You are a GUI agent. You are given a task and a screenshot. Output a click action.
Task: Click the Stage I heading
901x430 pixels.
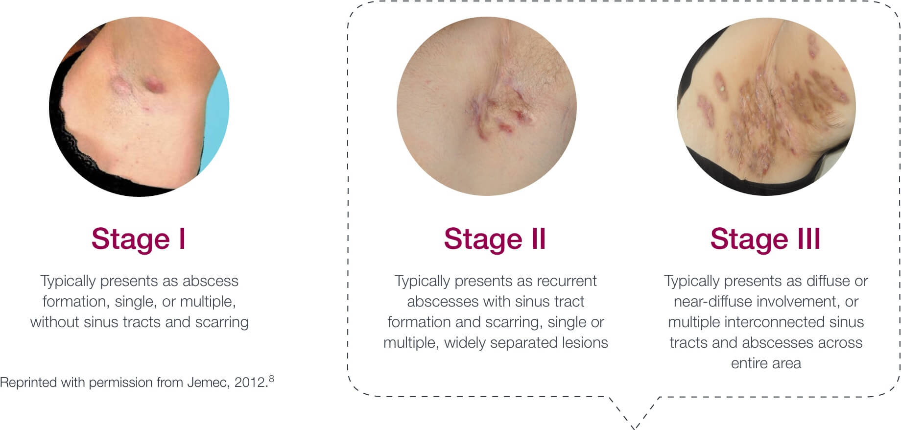point(139,239)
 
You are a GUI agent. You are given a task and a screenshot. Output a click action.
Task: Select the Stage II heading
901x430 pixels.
point(495,239)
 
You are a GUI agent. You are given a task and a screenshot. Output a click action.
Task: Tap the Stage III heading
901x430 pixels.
point(765,239)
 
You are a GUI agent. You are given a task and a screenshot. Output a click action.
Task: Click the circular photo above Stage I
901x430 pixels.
point(139,106)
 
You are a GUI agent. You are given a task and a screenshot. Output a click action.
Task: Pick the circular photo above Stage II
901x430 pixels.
point(487,106)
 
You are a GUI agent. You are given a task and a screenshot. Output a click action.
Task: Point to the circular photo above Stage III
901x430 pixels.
point(766,106)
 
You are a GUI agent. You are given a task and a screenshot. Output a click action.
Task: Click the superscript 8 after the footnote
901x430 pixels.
point(271,378)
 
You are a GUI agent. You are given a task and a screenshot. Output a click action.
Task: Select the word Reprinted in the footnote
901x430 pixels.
point(28,382)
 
